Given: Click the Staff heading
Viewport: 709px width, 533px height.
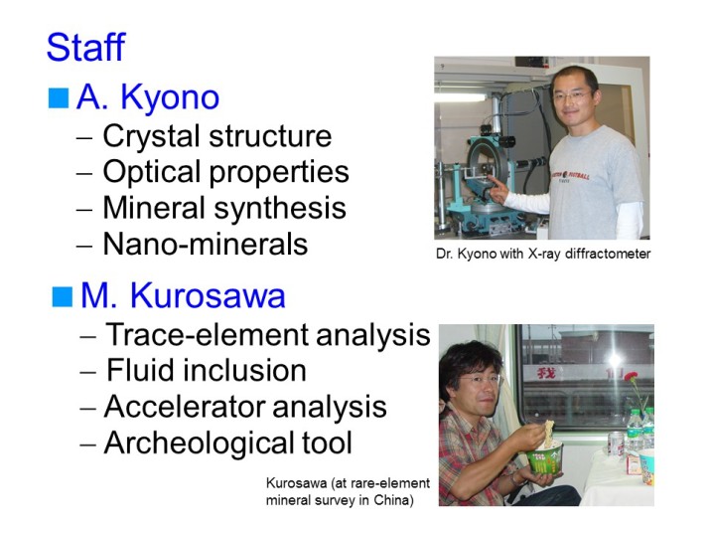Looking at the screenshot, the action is (85, 47).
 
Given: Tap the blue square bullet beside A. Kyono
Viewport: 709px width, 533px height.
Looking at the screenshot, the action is (59, 97).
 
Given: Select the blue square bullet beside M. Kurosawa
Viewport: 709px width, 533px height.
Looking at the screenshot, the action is (63, 296).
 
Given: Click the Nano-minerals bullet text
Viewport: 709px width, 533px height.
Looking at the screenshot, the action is (206, 244).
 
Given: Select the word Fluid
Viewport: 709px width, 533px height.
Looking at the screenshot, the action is (139, 370).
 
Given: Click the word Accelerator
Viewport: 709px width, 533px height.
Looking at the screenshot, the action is (185, 406).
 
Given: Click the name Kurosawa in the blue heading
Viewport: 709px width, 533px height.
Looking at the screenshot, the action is (208, 296).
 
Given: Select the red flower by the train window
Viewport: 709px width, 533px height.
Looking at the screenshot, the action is (631, 377).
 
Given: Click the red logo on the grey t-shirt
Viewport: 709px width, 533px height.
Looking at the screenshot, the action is (570, 175).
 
